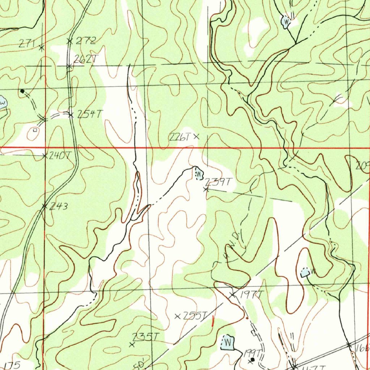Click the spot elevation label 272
[86, 40]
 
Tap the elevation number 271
[27, 44]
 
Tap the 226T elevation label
[180, 137]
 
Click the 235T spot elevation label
[145, 337]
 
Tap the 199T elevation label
[253, 352]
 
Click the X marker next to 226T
[196, 137]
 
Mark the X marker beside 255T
[177, 317]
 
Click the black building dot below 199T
[253, 360]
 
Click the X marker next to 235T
[132, 345]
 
